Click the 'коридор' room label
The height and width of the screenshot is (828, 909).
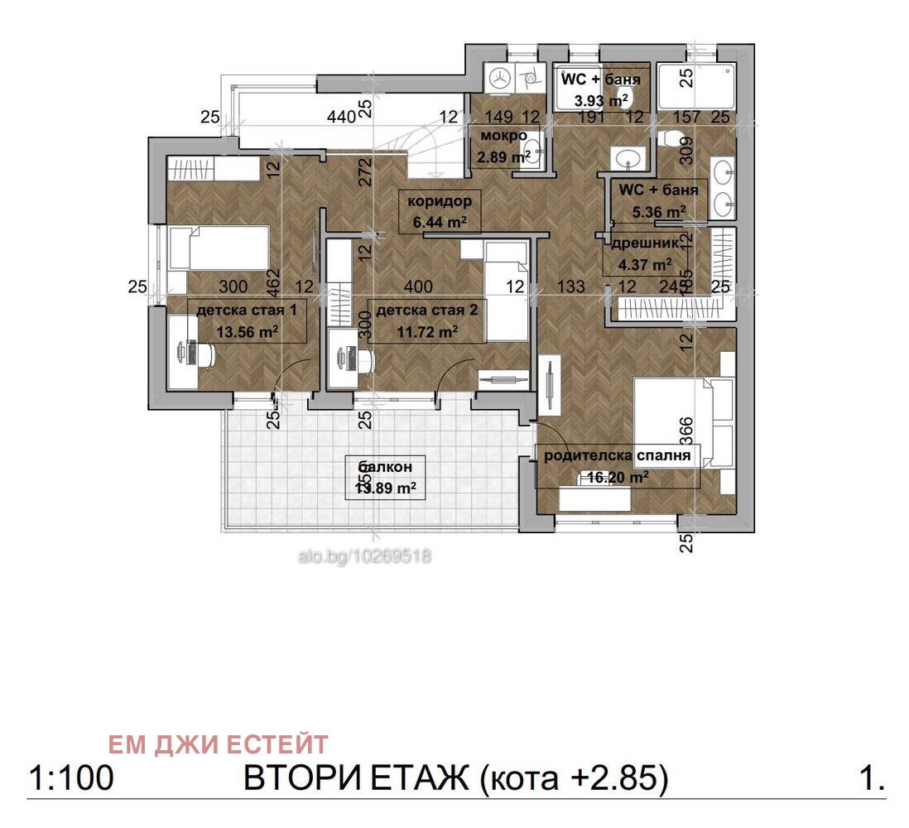point(439,201)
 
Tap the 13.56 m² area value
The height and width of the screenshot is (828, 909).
point(247,331)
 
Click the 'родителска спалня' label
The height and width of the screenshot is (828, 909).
point(618,455)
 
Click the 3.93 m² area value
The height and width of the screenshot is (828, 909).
point(601,101)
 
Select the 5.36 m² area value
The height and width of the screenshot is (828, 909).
point(658,212)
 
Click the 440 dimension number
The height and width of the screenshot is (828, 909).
point(341,118)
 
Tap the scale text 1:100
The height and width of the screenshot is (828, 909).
point(70,779)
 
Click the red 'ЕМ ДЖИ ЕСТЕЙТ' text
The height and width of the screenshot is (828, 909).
point(219,744)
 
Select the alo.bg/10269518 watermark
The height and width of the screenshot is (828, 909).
point(364,556)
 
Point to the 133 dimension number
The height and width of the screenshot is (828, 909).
point(571,286)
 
